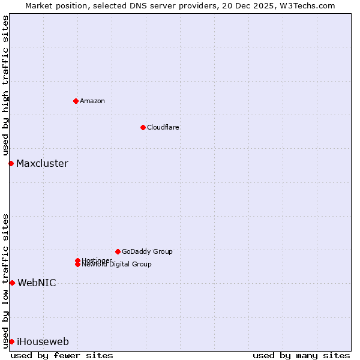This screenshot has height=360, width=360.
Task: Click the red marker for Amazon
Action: [76, 101]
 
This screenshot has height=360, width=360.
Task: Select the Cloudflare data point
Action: [143, 127]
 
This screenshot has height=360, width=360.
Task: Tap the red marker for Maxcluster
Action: [11, 163]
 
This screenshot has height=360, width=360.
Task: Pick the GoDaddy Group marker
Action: [118, 251]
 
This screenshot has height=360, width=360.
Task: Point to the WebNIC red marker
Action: [12, 283]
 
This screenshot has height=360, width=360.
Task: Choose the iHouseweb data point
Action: [11, 341]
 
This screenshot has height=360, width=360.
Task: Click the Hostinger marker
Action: [77, 260]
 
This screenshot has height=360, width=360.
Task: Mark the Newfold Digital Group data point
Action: [77, 265]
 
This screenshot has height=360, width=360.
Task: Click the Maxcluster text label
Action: [42, 163]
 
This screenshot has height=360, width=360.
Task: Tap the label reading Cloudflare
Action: [163, 127]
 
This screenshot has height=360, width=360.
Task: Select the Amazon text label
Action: [92, 101]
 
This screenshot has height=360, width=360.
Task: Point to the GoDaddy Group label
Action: [147, 251]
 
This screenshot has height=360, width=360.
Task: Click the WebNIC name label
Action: [37, 283]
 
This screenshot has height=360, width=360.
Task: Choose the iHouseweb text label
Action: [43, 341]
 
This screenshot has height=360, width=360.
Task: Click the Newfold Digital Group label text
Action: [116, 265]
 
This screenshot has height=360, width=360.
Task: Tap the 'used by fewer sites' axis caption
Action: [62, 355]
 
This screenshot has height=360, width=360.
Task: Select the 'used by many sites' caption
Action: [301, 355]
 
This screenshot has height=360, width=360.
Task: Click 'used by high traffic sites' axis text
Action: [6, 85]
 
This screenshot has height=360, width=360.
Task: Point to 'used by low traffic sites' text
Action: [6, 280]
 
